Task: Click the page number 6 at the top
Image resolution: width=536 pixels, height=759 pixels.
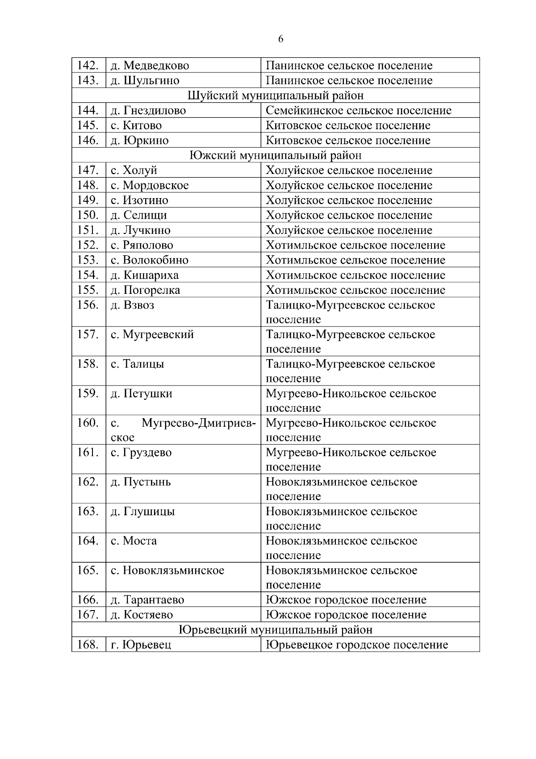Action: pyautogui.click(x=281, y=39)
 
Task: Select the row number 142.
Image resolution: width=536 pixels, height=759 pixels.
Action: pyautogui.click(x=88, y=65)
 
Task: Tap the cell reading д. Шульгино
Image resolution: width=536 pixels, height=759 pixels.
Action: pyautogui.click(x=145, y=81)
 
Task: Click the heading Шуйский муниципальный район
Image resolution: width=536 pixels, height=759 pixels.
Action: pyautogui.click(x=275, y=95)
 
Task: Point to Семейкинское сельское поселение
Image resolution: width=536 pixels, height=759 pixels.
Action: pyautogui.click(x=359, y=110)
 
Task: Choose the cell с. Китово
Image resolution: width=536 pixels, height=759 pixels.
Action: pyautogui.click(x=136, y=125)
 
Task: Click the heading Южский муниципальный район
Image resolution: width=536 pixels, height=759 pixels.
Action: pyautogui.click(x=275, y=155)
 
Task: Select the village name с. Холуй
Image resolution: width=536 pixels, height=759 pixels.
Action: pyautogui.click(x=134, y=170)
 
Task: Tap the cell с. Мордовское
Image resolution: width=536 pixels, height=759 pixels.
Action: pyautogui.click(x=150, y=185)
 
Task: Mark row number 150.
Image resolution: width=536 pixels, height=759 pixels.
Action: pyautogui.click(x=88, y=215)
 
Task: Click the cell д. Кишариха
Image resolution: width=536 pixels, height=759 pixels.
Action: pyautogui.click(x=145, y=275)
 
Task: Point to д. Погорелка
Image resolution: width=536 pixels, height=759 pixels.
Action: pyautogui.click(x=146, y=290)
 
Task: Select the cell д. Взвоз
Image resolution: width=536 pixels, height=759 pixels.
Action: pyautogui.click(x=133, y=305)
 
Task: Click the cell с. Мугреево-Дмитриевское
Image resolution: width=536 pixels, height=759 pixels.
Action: pyautogui.click(x=183, y=429)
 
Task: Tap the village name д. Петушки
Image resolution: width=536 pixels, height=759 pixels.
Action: pyautogui.click(x=142, y=394)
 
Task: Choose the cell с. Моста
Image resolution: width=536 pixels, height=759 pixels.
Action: pyautogui.click(x=134, y=541)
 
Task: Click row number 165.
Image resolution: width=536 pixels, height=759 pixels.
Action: pyautogui.click(x=88, y=570)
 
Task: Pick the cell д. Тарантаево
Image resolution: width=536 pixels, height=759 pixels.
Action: pyautogui.click(x=147, y=600)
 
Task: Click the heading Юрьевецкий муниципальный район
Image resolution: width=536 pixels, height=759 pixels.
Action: pyautogui.click(x=275, y=630)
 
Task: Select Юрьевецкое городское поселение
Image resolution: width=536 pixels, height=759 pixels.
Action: pyautogui.click(x=357, y=645)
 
